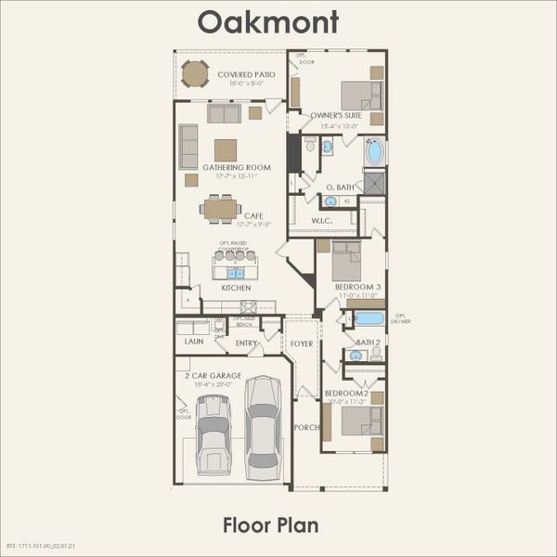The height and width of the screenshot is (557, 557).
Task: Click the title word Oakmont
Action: coord(268,20)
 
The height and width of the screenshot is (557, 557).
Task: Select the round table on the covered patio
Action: coord(195,73)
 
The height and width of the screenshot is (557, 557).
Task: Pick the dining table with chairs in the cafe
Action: coord(221,209)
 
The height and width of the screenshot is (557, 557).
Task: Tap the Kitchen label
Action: coord(236,288)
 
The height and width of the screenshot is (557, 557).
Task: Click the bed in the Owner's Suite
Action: coord(358,96)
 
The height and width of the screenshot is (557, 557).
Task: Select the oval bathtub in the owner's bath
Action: coord(374,151)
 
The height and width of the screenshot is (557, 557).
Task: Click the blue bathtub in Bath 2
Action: coord(369,318)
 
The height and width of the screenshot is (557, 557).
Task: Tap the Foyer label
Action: coord(302,343)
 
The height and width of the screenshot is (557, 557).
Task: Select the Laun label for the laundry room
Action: coord(193,342)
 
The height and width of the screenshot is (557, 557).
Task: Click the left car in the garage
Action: coord(214,434)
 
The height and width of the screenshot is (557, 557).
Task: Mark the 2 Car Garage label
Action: coord(213,375)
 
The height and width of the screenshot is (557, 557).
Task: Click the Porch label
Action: coord(305,428)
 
